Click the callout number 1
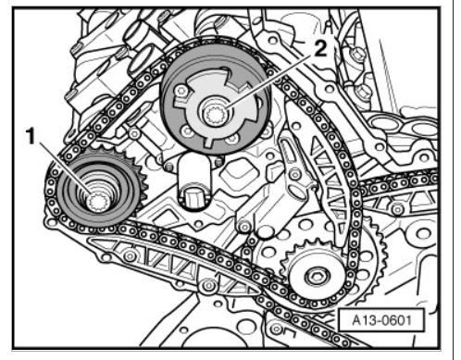[x=31, y=137]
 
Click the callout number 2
[x=320, y=49]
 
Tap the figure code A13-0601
[x=381, y=320]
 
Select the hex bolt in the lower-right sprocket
[x=317, y=276]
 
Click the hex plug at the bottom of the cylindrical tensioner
[x=193, y=197]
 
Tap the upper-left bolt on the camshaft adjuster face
[x=181, y=91]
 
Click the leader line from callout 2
[x=272, y=81]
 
